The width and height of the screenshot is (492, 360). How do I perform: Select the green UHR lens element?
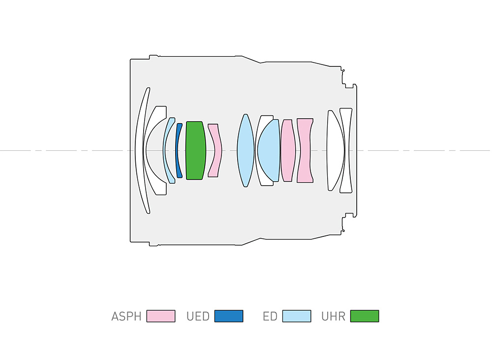click(196, 151)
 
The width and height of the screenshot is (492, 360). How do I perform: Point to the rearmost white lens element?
click(346, 151)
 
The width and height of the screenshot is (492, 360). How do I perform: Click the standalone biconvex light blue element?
click(246, 151)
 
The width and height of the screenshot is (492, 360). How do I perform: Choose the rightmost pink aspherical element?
click(305, 151)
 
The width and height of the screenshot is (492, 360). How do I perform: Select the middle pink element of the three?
click(288, 151)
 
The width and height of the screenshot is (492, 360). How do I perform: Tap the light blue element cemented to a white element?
click(269, 151)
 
